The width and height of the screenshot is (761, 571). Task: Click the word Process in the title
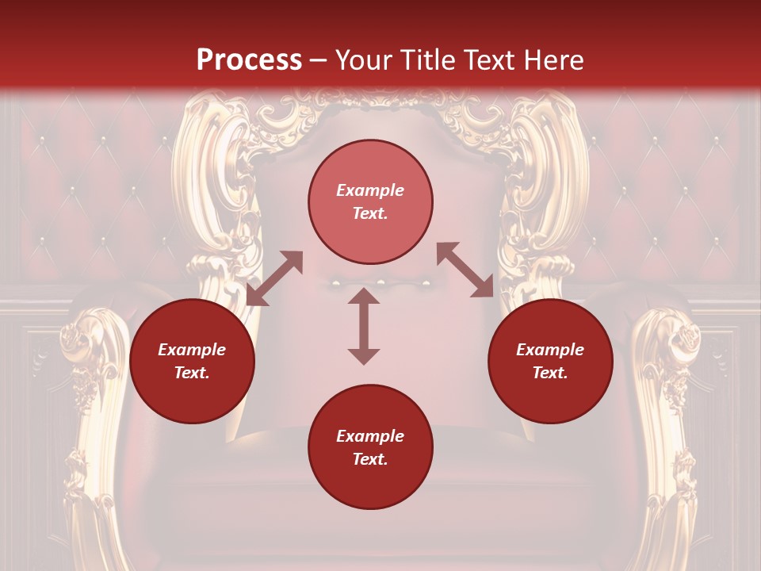[249, 60]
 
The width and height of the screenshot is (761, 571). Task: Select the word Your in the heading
[361, 60]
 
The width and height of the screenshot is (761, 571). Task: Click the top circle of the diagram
[370, 201]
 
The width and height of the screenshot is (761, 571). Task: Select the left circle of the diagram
[192, 361]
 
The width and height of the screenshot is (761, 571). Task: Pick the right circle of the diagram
[550, 361]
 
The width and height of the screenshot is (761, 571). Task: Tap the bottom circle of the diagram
[370, 447]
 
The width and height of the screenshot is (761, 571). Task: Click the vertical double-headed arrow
[364, 326]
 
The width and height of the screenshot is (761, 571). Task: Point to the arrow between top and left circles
[274, 278]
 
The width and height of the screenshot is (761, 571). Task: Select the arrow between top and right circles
[465, 270]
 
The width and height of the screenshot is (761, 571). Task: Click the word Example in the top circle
[370, 190]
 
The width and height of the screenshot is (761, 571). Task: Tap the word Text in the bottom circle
[370, 459]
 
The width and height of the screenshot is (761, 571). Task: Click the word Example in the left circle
[192, 350]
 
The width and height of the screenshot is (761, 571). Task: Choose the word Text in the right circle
[550, 373]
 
